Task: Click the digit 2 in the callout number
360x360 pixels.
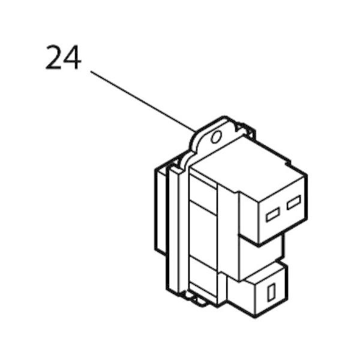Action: point(53,57)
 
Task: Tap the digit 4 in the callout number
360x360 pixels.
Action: point(71,57)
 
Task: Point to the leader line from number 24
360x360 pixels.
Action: point(143,101)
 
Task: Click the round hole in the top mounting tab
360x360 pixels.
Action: point(216,137)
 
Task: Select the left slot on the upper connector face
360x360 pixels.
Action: point(273,214)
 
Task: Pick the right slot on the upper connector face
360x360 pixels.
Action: point(293,202)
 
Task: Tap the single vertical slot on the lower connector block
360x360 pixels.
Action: point(271,292)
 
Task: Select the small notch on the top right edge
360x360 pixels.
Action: point(287,163)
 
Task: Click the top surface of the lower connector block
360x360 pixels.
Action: point(266,274)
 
